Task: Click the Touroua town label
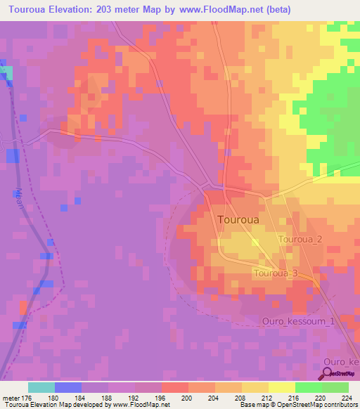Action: (238, 219)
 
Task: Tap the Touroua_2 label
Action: (300, 240)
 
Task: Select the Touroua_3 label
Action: (276, 273)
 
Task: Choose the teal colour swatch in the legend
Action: (41, 387)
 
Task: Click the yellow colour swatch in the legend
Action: (282, 387)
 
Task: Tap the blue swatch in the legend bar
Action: (68, 387)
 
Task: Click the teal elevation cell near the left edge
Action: (6, 72)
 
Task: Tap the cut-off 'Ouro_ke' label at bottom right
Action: (341, 361)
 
